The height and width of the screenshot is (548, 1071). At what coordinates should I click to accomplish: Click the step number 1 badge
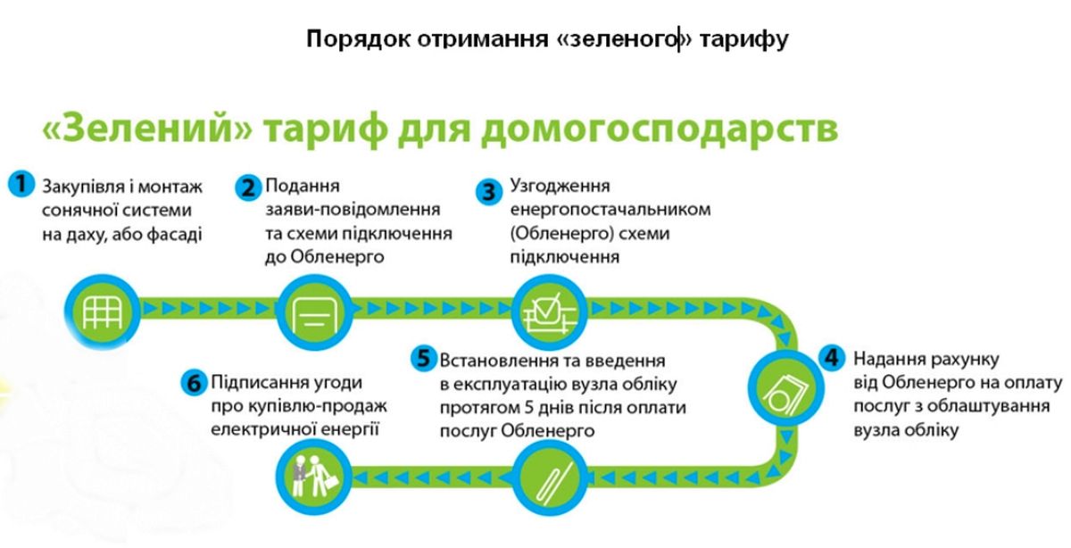pyautogui.click(x=21, y=185)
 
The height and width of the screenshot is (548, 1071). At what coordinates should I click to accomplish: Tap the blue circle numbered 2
pyautogui.click(x=248, y=187)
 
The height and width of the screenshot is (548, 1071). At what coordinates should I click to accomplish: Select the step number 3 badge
pyautogui.click(x=489, y=192)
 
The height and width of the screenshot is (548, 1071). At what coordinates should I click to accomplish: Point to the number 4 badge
pyautogui.click(x=832, y=358)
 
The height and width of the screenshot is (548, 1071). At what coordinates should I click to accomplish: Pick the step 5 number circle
pyautogui.click(x=424, y=358)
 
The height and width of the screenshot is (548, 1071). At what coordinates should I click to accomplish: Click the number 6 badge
pyautogui.click(x=195, y=383)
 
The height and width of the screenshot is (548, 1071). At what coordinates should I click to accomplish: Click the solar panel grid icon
pyautogui.click(x=103, y=311)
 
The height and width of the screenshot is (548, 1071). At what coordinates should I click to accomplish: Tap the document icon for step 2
pyautogui.click(x=314, y=311)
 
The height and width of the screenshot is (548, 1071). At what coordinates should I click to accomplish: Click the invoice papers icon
pyautogui.click(x=786, y=388)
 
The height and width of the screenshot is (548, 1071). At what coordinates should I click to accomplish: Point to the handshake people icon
pyautogui.click(x=313, y=477)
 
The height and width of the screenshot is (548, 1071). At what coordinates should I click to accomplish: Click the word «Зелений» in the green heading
pyautogui.click(x=146, y=129)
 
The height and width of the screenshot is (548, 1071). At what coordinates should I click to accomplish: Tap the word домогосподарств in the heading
pyautogui.click(x=660, y=129)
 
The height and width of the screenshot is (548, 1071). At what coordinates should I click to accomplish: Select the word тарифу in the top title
pyautogui.click(x=744, y=39)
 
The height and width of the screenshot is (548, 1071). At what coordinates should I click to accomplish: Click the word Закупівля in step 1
pyautogui.click(x=83, y=187)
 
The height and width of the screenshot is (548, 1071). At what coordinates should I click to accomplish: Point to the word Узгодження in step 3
pyautogui.click(x=560, y=186)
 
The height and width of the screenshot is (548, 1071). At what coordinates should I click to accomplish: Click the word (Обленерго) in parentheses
pyautogui.click(x=562, y=233)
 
